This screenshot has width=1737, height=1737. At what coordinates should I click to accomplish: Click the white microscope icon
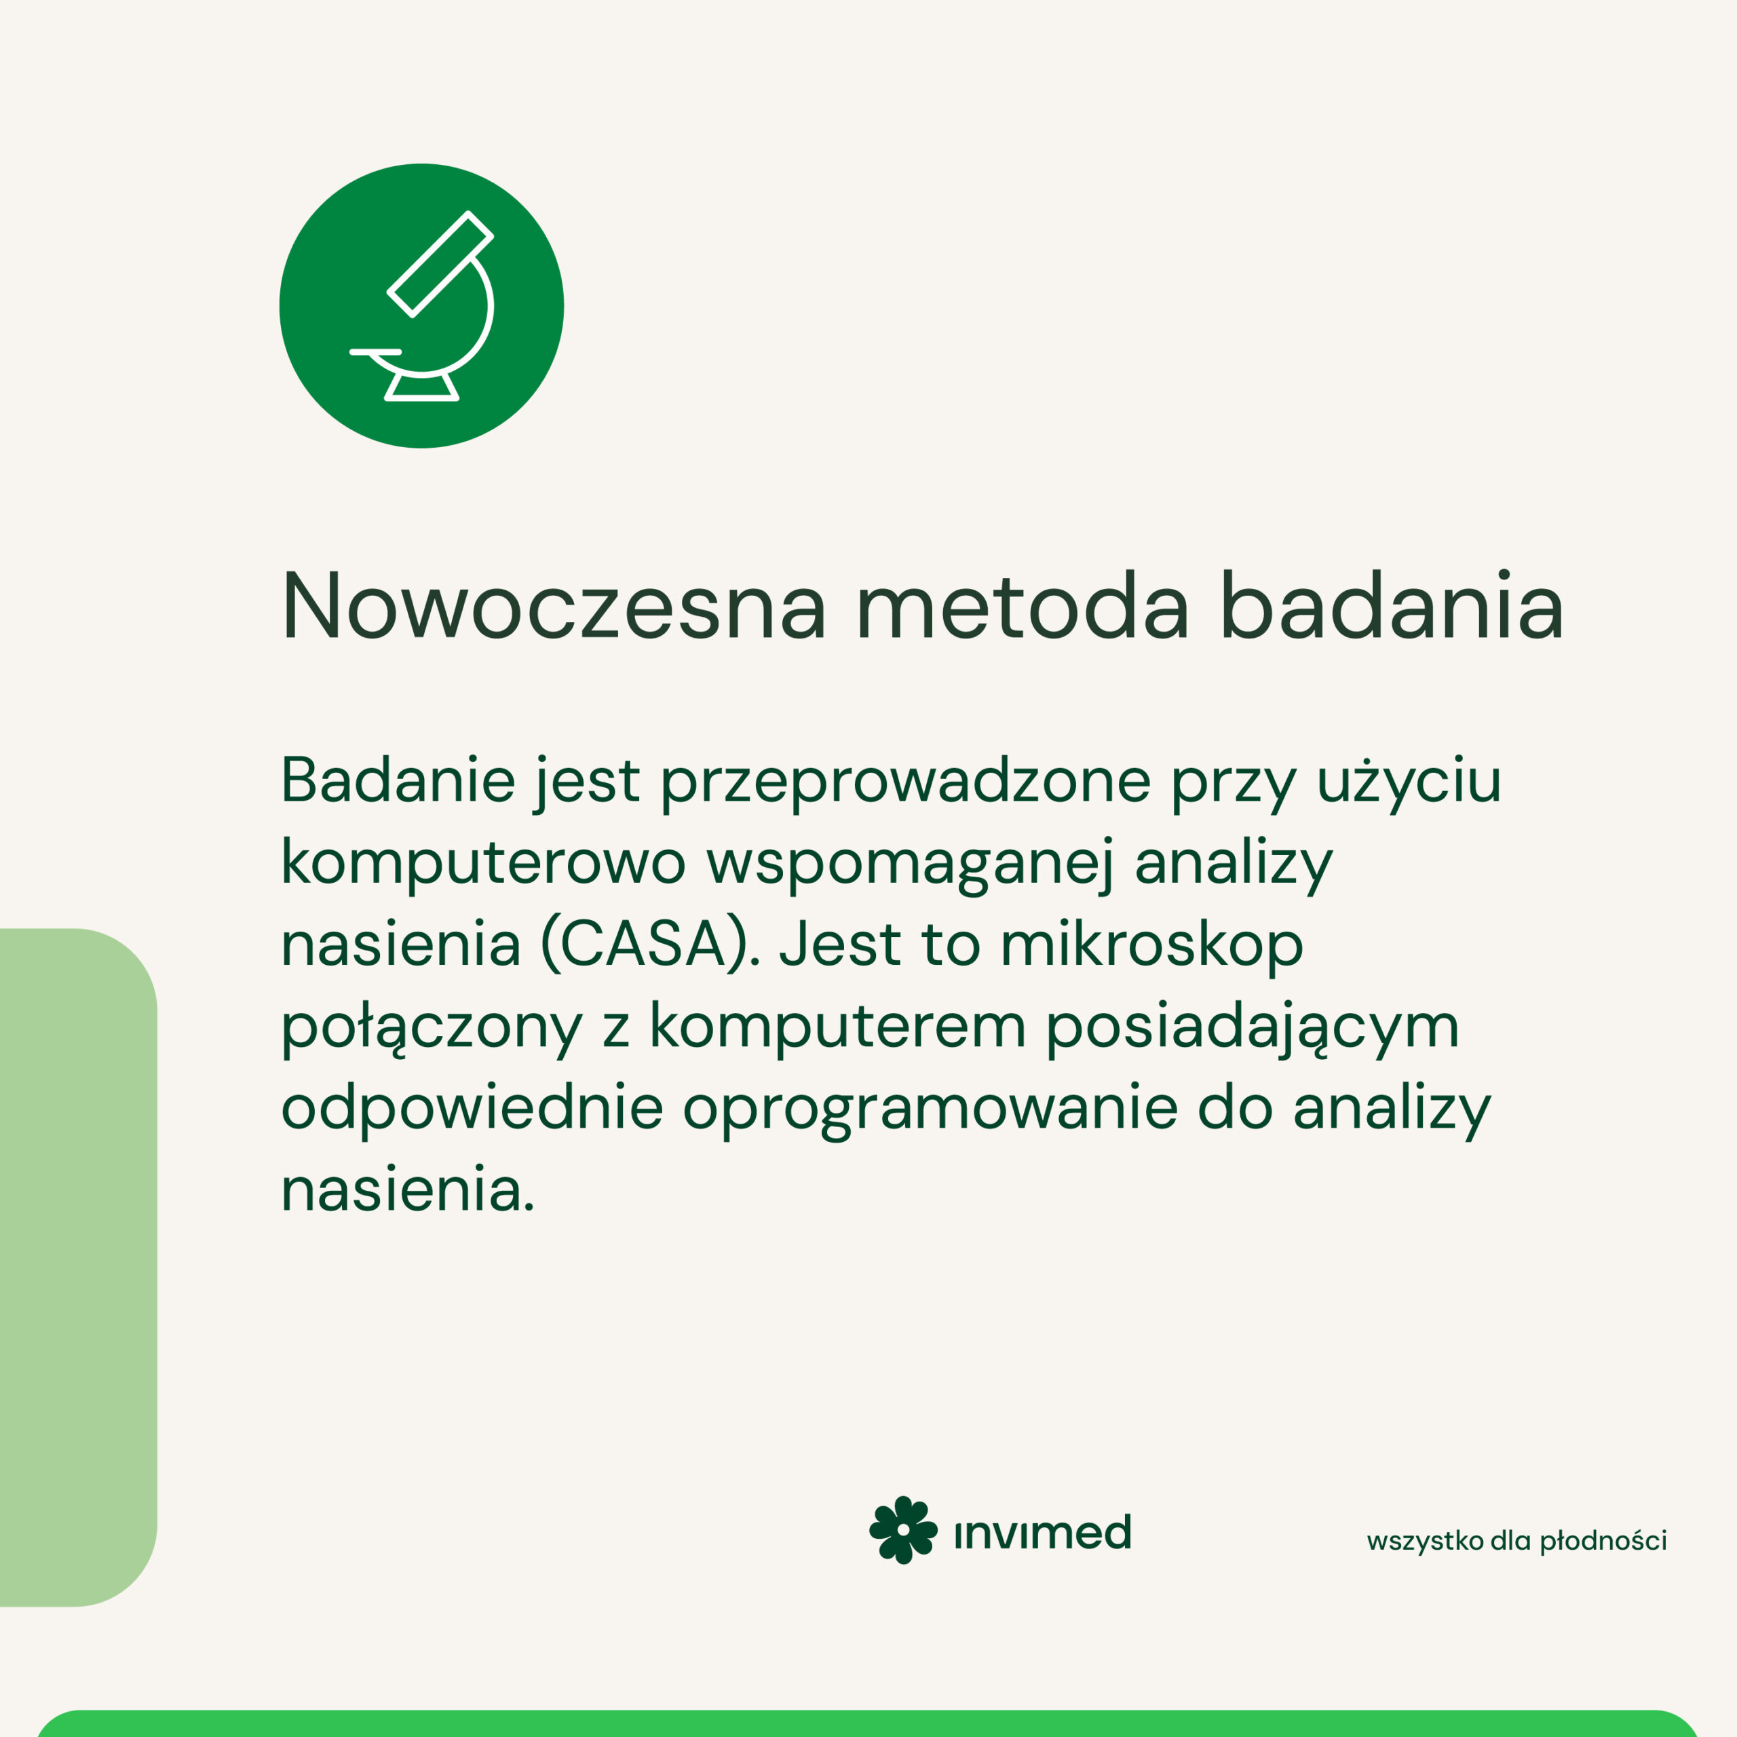pyautogui.click(x=421, y=306)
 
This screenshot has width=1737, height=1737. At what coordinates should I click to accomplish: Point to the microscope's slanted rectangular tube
pyautogui.click(x=440, y=265)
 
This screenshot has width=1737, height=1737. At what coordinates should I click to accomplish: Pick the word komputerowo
pyautogui.click(x=484, y=864)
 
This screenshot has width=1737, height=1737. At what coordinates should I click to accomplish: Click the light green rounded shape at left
pyautogui.click(x=78, y=1267)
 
